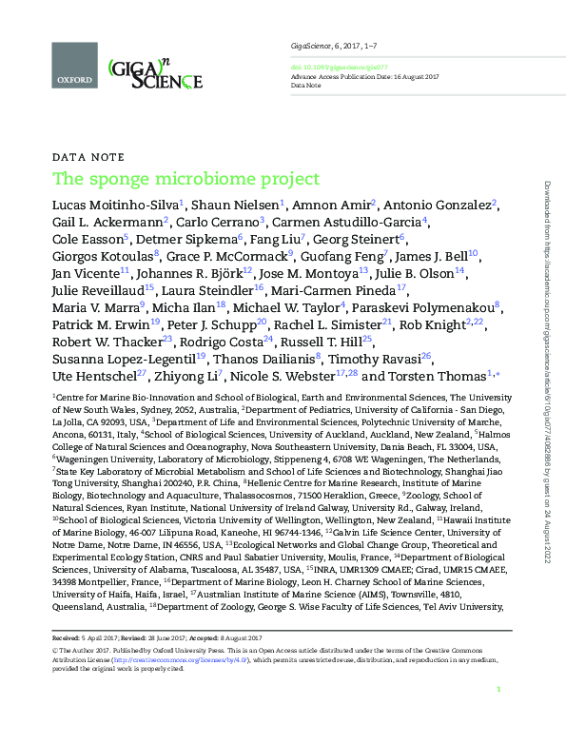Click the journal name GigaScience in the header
309,46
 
